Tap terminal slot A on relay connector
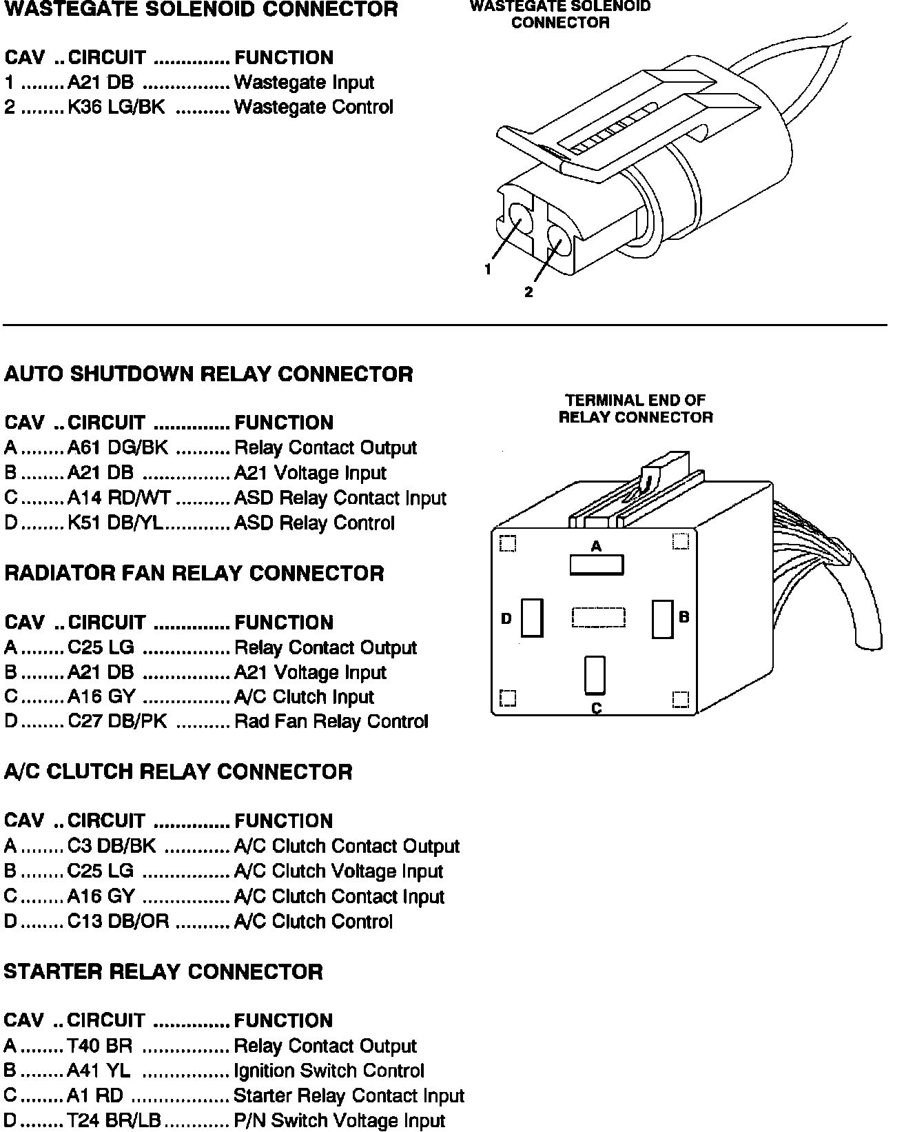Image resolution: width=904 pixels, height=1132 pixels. tap(597, 565)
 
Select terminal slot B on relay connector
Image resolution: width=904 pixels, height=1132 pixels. tap(662, 619)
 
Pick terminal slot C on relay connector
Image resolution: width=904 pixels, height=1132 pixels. tap(595, 675)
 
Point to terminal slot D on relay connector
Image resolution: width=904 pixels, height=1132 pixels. tap(532, 617)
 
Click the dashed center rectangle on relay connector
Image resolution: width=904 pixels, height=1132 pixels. tap(598, 617)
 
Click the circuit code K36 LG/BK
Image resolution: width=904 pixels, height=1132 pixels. tap(116, 108)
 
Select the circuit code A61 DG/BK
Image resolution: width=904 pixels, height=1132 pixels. tap(118, 448)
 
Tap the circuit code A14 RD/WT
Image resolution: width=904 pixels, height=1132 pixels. tap(119, 498)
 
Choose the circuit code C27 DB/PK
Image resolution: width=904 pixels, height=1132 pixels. tap(118, 721)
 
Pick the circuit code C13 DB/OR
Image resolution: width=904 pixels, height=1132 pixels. tap(118, 921)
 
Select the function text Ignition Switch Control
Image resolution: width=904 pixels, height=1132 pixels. tap(329, 1071)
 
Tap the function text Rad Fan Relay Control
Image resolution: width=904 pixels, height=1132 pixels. tap(331, 721)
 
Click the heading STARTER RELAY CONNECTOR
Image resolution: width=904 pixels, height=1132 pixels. tap(163, 971)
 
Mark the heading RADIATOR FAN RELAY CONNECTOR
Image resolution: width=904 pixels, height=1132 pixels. tap(194, 573)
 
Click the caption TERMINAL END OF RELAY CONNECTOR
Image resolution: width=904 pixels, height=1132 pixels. tap(635, 409)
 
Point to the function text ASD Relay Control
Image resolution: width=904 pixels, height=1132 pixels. tap(314, 523)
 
